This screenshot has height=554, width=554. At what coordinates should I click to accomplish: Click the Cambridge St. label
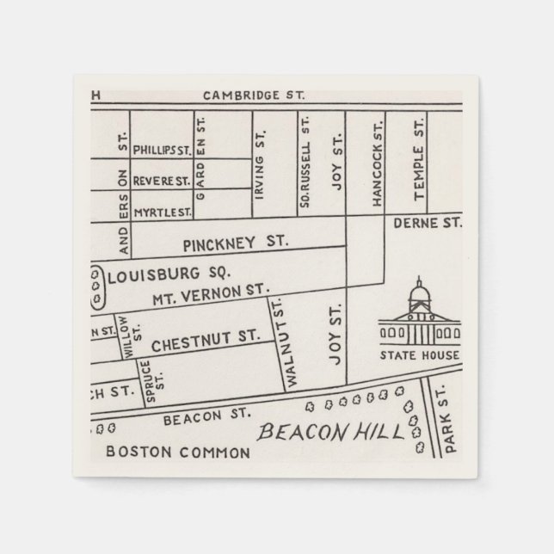tap(254, 95)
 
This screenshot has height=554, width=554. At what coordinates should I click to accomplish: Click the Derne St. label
tap(428, 223)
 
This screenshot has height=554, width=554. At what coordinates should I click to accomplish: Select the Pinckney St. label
tap(230, 243)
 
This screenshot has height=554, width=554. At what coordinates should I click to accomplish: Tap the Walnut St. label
tap(279, 342)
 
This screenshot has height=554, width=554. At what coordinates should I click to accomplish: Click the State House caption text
tap(420, 355)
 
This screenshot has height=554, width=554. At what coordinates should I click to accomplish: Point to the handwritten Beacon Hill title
tap(332, 432)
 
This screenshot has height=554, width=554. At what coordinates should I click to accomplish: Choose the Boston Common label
tap(177, 452)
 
